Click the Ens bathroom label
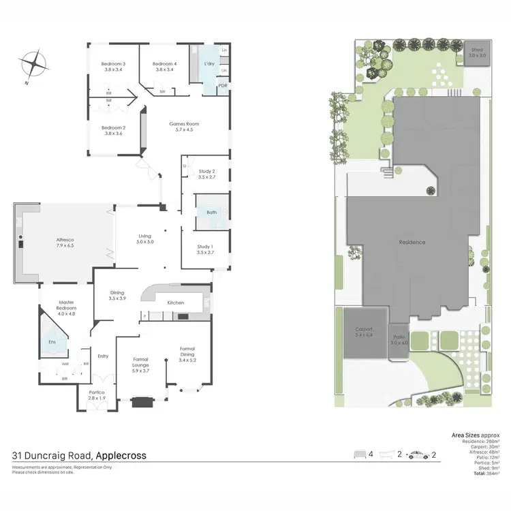[52, 343]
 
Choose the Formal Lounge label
[140, 362]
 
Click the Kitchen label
[176, 302]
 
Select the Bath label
[212, 213]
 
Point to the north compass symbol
[32, 67]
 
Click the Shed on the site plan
[477, 51]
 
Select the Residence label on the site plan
[412, 243]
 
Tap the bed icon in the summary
[360, 454]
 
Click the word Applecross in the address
[121, 456]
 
